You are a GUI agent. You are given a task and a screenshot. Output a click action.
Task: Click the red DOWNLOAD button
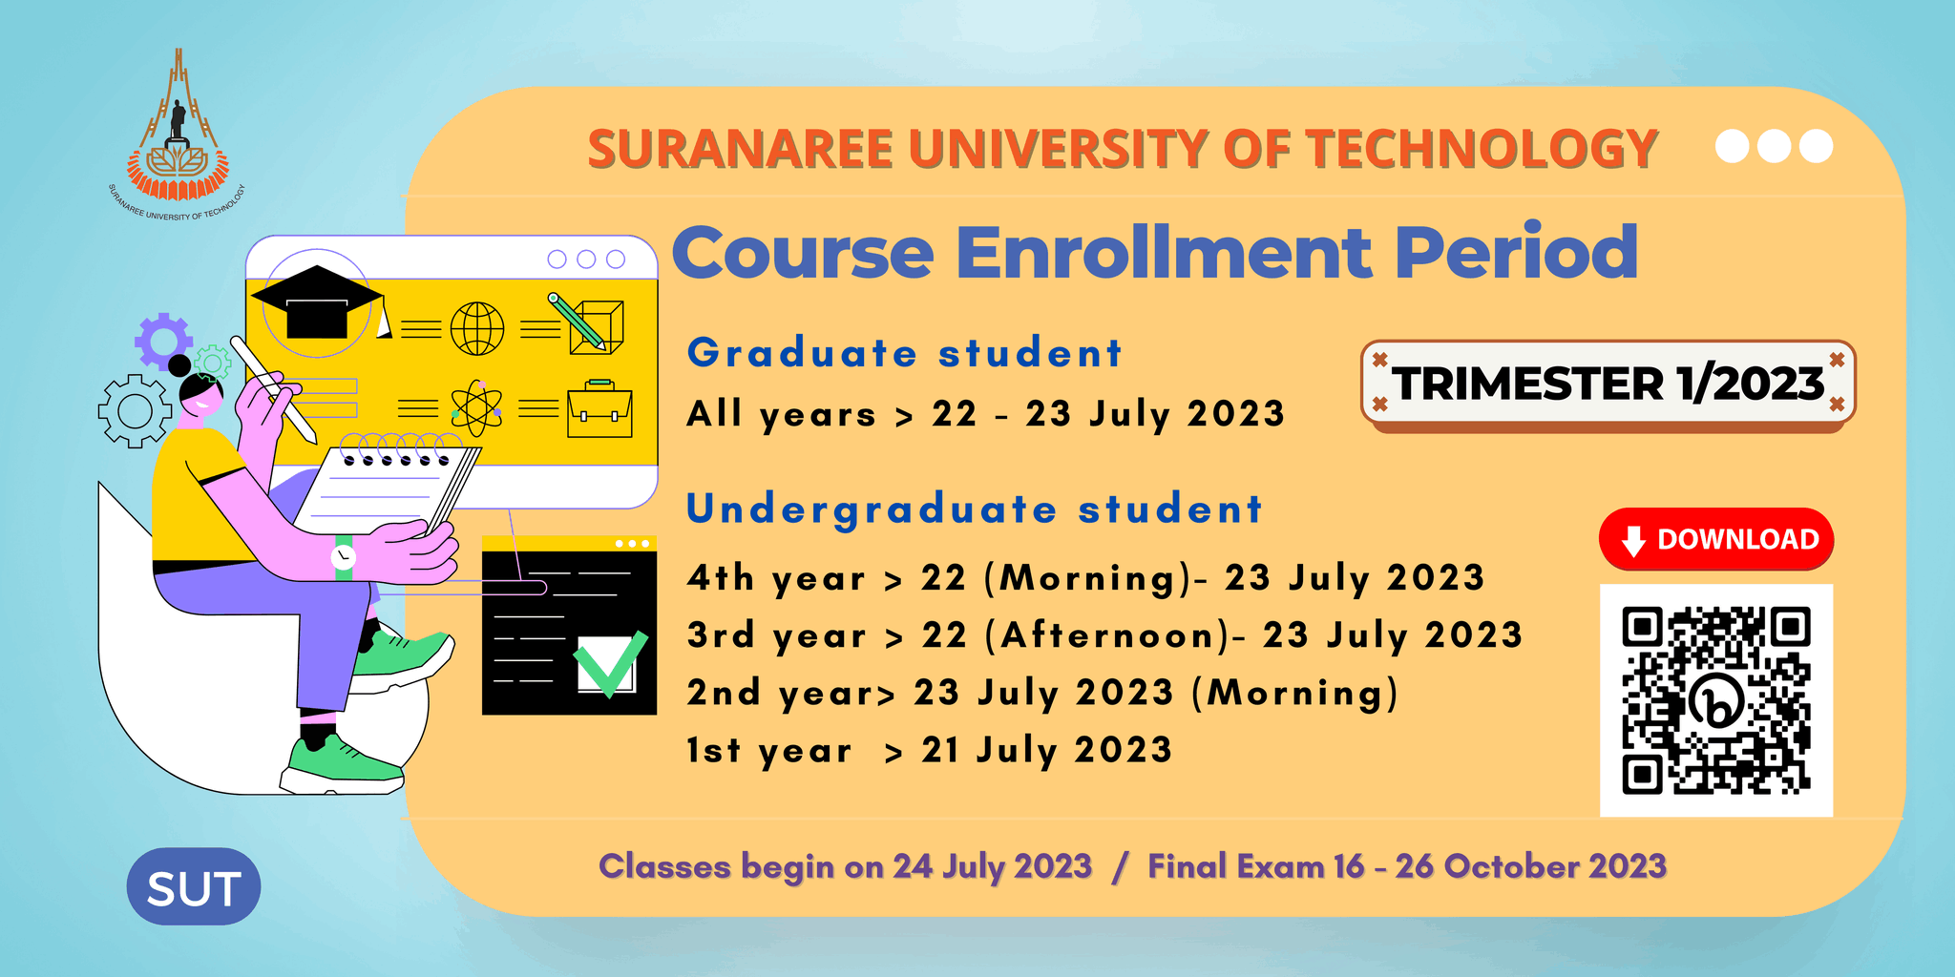tap(1716, 539)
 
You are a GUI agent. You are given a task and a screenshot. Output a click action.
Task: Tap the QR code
tap(1716, 700)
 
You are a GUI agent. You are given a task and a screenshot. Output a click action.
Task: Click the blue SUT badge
tap(194, 886)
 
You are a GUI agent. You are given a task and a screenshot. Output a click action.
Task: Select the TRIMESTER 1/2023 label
tap(1608, 383)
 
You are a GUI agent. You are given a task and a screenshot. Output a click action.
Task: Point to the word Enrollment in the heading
tap(1164, 252)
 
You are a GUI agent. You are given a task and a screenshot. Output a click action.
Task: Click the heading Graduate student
tap(904, 353)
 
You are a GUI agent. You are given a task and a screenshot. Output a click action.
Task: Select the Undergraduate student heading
tap(975, 509)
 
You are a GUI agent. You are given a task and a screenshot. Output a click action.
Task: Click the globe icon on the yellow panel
tap(477, 328)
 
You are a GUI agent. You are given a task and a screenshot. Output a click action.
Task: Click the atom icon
tap(476, 408)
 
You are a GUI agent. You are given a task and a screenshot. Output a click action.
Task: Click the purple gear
tap(163, 341)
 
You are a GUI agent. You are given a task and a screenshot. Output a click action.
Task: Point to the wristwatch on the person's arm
tap(343, 556)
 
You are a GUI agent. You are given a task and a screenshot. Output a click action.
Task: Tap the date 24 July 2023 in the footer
tap(992, 866)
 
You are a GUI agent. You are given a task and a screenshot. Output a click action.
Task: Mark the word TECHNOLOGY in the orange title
tap(1482, 149)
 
